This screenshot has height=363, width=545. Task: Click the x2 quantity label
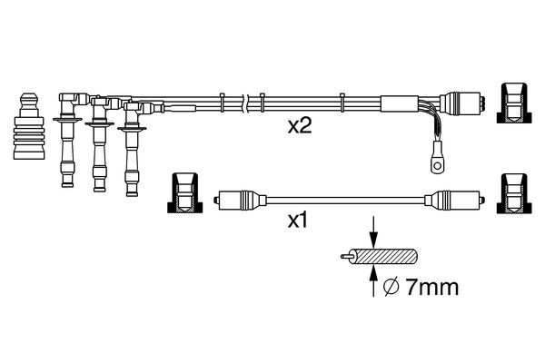click(300, 126)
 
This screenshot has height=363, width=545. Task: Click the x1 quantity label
click(298, 221)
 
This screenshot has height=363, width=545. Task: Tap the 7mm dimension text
click(432, 288)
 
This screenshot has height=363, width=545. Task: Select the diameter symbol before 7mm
click(391, 288)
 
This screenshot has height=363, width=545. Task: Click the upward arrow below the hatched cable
click(373, 281)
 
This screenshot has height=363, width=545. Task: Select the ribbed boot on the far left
click(29, 126)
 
